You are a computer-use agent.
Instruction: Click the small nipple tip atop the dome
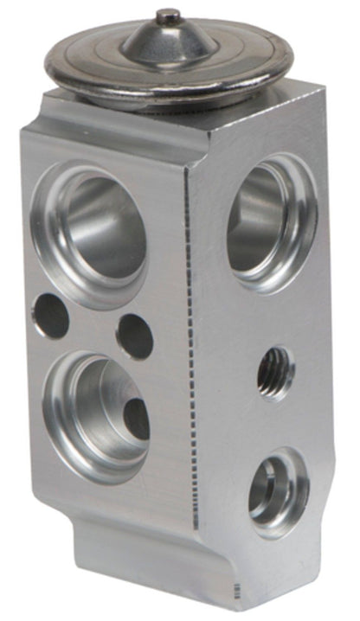(x=168, y=15)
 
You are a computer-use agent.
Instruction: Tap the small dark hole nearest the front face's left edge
(x=50, y=316)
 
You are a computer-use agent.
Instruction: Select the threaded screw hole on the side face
(x=275, y=373)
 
